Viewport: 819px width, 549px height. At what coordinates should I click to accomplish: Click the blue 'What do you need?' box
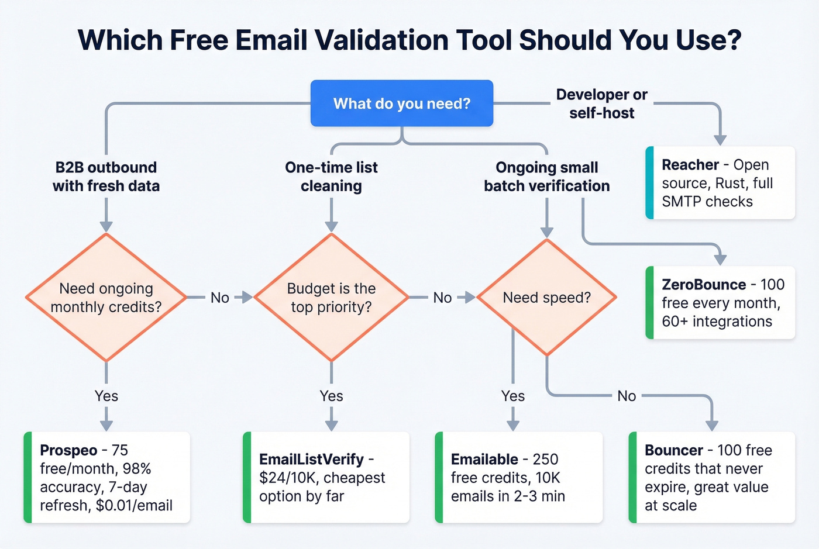(401, 103)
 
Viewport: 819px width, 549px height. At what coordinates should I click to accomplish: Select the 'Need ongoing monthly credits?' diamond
(106, 298)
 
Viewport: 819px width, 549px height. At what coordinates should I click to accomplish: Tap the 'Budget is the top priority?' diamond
(331, 298)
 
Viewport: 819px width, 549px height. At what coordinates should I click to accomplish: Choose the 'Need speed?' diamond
(546, 298)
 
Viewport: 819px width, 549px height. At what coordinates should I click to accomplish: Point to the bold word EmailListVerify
(311, 460)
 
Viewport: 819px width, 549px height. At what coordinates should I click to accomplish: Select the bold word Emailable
(484, 460)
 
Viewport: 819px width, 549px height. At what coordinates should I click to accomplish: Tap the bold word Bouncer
(673, 450)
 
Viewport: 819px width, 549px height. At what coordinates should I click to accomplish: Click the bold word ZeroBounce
(703, 285)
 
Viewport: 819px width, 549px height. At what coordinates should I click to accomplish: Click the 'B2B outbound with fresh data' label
(106, 177)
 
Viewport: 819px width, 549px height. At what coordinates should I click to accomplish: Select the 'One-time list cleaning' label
(331, 177)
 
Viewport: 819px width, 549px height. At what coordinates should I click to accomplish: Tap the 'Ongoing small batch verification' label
(546, 177)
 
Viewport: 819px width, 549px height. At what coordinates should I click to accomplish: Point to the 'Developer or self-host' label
(601, 103)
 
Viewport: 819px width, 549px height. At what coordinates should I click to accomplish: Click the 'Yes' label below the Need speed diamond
(512, 396)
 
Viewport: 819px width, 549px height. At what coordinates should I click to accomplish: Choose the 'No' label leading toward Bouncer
(627, 396)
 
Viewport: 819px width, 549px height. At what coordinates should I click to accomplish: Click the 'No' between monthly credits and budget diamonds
(219, 298)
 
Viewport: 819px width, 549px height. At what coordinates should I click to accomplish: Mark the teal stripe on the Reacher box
(649, 183)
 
